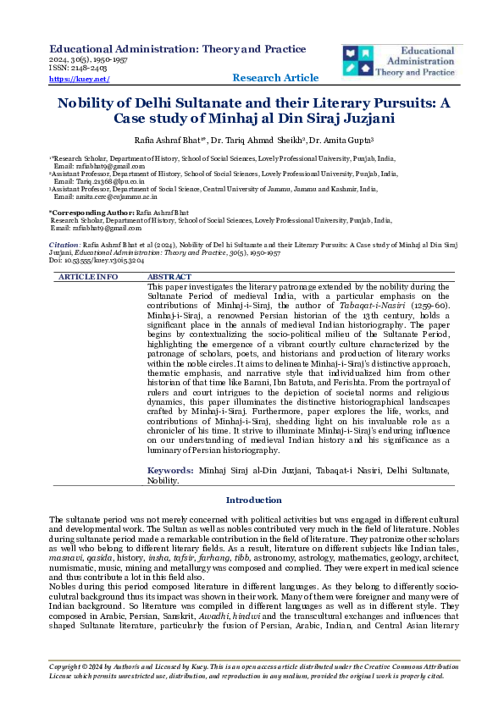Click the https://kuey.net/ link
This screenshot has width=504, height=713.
coord(80,79)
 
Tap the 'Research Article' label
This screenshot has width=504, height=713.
coord(276,79)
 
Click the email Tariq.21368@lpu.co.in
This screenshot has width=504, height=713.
coord(93,180)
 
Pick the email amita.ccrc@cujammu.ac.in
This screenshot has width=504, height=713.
coord(95,195)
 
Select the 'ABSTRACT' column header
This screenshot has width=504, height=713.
coord(169,277)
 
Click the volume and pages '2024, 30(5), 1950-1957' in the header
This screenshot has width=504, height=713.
coord(90,61)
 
